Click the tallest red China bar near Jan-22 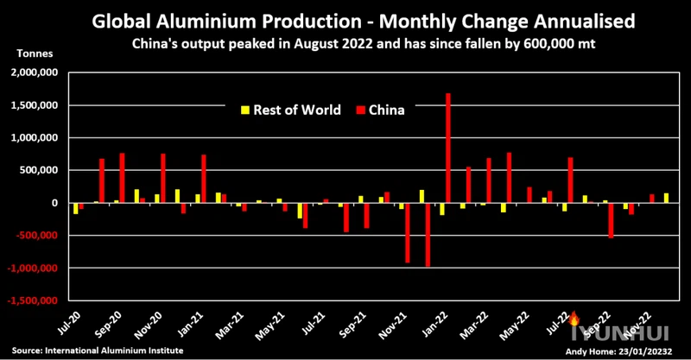448,147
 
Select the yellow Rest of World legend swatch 244,110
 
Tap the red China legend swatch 358,110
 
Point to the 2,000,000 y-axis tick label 34,73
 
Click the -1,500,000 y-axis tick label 32,301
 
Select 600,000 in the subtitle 517,42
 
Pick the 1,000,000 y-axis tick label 34,138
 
